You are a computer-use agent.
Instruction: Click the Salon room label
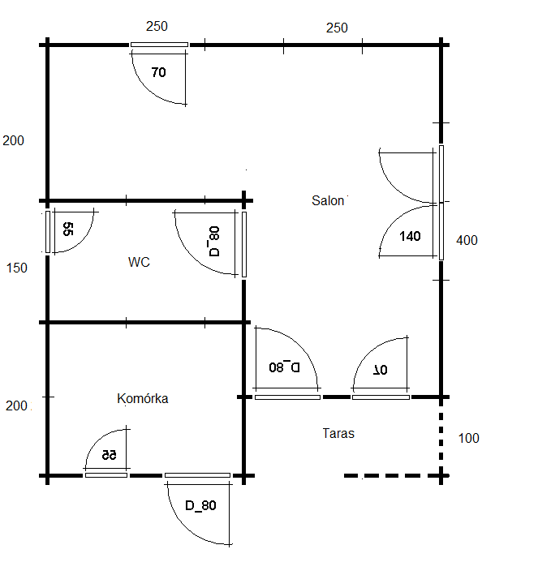tap(328, 200)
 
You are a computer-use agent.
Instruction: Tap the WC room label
tap(139, 262)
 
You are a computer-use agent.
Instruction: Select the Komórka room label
tap(142, 399)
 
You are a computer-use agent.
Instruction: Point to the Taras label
tap(338, 433)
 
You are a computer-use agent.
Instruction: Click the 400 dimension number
tap(467, 241)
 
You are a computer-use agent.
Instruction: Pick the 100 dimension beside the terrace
tap(469, 438)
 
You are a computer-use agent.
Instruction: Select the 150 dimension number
tap(17, 268)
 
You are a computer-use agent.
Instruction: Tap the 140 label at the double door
tap(410, 236)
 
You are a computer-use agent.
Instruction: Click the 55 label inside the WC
tap(68, 229)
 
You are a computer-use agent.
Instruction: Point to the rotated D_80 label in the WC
tap(214, 241)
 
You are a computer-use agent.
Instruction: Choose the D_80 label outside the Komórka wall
tap(200, 506)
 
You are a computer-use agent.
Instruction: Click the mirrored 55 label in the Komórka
tap(109, 455)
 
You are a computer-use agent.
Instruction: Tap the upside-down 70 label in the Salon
tap(381, 370)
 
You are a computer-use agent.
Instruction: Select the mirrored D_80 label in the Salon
tap(284, 367)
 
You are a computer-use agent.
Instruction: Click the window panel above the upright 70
tap(159, 45)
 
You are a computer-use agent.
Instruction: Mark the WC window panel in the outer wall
tap(48, 232)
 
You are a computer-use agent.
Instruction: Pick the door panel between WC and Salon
tap(244, 245)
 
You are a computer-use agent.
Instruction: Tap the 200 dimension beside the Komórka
tap(16, 406)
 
